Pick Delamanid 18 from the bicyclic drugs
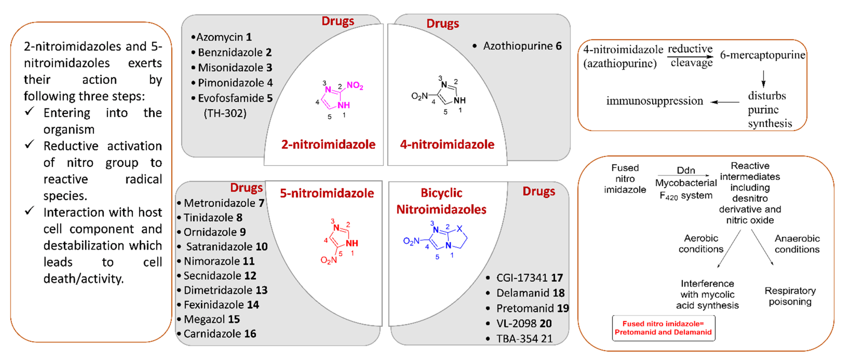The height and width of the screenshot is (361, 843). (x=530, y=293)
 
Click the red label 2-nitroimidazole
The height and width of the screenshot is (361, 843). (x=328, y=144)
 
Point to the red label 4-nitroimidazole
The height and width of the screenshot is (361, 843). (x=447, y=144)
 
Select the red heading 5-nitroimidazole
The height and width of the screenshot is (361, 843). (x=327, y=193)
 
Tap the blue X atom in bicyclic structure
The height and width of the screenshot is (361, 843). (x=460, y=228)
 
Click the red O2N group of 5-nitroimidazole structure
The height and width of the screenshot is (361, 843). (x=329, y=260)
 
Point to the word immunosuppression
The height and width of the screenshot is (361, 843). (x=654, y=101)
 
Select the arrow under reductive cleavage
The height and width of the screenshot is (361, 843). (x=690, y=56)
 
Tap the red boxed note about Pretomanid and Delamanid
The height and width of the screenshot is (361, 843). (x=663, y=328)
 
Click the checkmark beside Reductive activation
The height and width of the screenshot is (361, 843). (x=29, y=144)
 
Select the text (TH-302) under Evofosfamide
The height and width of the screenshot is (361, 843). (x=225, y=113)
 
